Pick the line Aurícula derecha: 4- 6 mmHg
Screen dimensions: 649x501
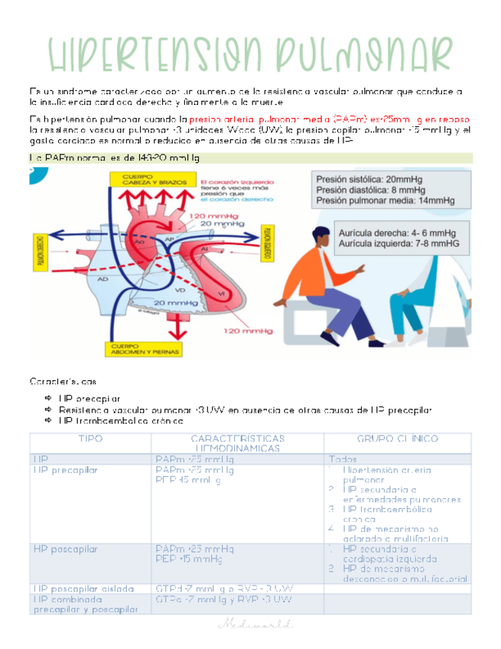click(392, 232)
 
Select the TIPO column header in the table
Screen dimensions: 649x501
click(90, 438)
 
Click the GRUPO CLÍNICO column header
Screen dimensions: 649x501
click(397, 438)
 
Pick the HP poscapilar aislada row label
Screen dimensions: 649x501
click(83, 589)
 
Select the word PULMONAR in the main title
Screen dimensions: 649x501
click(369, 53)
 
